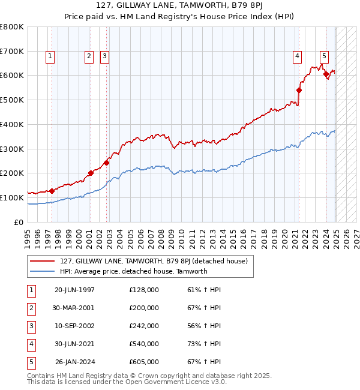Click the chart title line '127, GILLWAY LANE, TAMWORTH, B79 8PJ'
[179, 7]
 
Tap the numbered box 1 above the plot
[49, 57]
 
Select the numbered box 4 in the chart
[297, 57]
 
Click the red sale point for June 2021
[299, 90]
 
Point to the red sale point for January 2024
[326, 74]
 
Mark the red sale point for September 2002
[106, 162]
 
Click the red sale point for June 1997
[52, 191]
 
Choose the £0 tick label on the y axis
[17, 222]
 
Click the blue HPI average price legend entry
[133, 271]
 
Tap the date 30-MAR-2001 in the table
[74, 308]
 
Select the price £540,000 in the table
[144, 344]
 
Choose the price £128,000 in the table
[144, 290]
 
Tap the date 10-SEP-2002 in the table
[74, 326]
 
